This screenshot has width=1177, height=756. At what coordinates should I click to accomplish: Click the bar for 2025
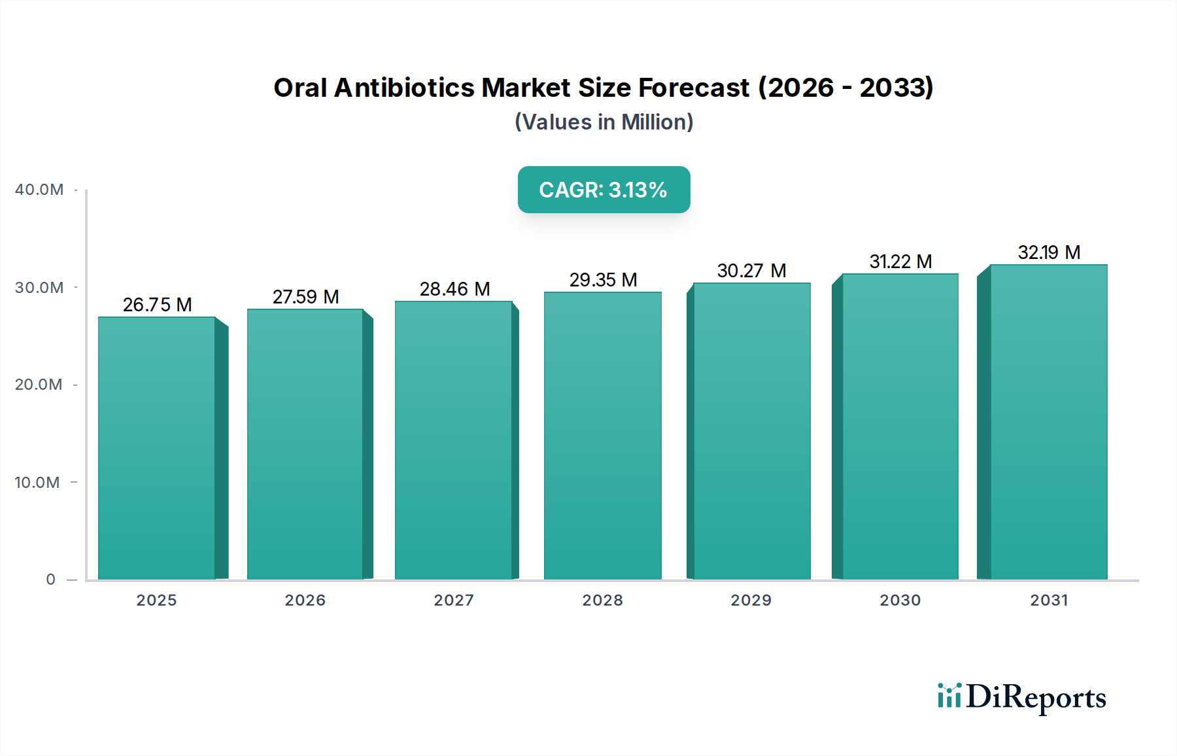coord(157,449)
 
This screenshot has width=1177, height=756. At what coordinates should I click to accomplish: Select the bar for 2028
coord(602,436)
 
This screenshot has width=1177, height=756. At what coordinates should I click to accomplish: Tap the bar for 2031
coord(1048,422)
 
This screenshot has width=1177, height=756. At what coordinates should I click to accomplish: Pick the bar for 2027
coord(453,440)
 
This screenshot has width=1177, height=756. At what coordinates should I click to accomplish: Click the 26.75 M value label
coord(157,305)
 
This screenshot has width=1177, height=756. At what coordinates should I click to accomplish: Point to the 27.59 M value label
coord(305,297)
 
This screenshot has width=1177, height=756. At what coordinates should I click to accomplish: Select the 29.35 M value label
coord(603,280)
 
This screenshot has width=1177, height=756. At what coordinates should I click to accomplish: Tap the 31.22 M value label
coord(900,262)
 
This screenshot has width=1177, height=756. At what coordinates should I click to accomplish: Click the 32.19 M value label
coord(1049,252)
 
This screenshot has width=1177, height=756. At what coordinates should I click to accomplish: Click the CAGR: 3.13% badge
coord(604,190)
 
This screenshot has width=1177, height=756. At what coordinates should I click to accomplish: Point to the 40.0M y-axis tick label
coord(39,190)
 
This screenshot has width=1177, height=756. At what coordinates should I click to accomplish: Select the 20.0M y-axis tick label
coord(39,385)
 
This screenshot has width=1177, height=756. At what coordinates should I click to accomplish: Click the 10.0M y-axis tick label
coord(37,483)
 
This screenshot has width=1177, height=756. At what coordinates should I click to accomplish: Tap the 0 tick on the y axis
coord(51,579)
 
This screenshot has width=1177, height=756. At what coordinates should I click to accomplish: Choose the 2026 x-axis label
coord(305,600)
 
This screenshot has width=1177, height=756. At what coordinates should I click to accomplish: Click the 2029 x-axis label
coord(751,600)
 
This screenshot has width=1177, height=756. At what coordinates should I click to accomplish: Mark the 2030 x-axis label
coord(900,600)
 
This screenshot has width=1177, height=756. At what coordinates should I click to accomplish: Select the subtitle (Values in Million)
coord(604,122)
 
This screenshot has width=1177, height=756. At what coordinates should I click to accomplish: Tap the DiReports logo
coord(1021,697)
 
